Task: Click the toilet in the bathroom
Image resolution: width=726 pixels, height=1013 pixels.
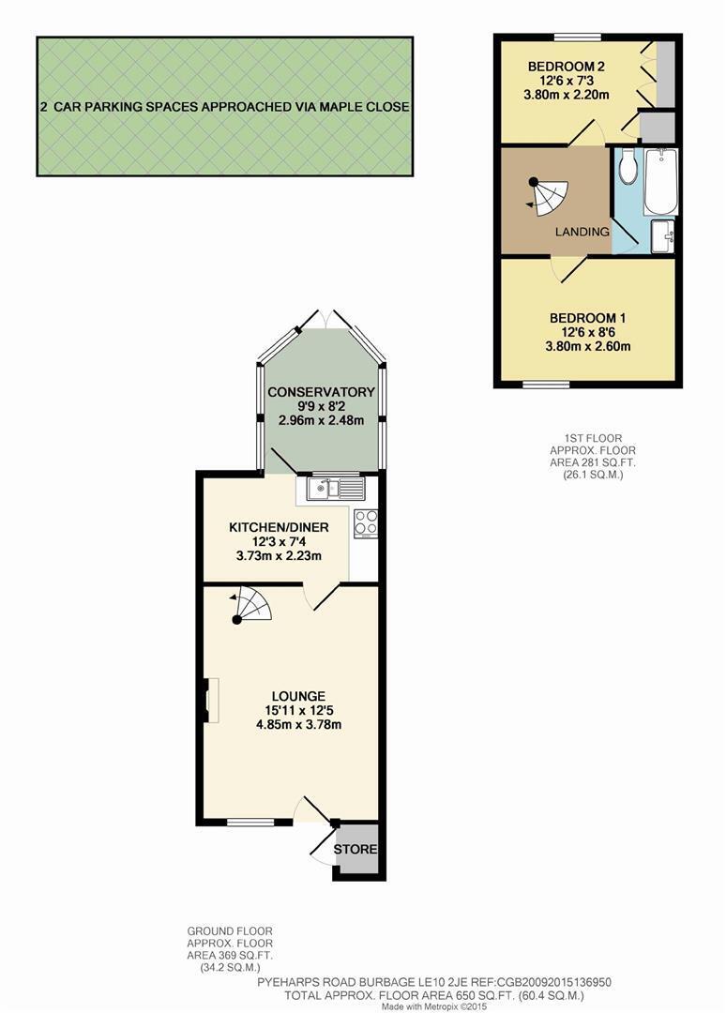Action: (x=628, y=166)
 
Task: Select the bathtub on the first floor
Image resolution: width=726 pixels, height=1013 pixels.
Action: (x=660, y=182)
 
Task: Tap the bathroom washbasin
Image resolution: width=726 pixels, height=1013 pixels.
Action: (x=663, y=236)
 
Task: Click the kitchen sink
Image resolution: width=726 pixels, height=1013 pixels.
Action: (x=337, y=489)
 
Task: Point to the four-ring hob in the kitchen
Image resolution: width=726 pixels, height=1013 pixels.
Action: (x=366, y=523)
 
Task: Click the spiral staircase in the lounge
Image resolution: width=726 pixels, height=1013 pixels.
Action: (x=250, y=605)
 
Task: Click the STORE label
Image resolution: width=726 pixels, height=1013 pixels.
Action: (x=355, y=849)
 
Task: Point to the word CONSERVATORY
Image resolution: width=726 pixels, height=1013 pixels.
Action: (x=321, y=392)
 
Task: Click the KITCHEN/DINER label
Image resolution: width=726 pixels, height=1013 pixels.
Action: (x=279, y=527)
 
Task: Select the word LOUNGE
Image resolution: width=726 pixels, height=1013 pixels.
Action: (x=298, y=696)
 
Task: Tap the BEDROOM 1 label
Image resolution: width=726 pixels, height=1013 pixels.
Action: (x=588, y=318)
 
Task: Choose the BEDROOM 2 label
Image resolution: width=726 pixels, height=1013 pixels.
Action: (x=567, y=67)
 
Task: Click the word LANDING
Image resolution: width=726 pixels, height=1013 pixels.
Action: (x=582, y=232)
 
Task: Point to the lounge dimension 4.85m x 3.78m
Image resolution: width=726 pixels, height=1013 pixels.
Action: (x=298, y=724)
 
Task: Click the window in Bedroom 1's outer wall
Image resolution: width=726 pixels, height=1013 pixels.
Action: (x=546, y=386)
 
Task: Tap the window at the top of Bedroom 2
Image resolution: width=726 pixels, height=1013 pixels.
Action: (x=578, y=37)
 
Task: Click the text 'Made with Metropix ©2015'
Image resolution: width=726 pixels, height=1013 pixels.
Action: (x=433, y=1006)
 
